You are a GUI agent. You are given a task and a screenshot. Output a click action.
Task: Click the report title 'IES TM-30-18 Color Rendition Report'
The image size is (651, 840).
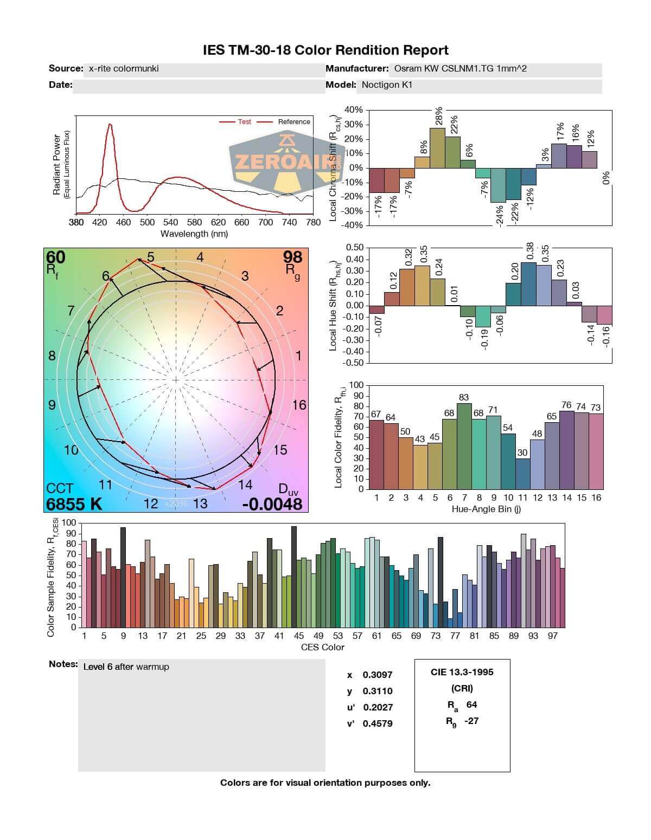pos(325,50)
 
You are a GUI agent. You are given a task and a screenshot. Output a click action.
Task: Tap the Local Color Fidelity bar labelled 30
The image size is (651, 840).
pos(522,474)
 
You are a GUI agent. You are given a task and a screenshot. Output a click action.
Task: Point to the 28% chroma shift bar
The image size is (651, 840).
pos(437,147)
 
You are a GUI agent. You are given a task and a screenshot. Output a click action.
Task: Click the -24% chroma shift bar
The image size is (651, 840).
pos(498,185)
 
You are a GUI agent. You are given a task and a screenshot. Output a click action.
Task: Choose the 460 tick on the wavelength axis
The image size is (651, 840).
pos(123,222)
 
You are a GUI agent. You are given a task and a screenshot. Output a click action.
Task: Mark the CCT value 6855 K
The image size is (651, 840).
pos(74,504)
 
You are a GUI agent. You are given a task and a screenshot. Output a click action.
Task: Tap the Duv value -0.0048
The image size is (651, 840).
pos(272,504)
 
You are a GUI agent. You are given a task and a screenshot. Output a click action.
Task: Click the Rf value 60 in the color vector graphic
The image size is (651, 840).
pos(55,257)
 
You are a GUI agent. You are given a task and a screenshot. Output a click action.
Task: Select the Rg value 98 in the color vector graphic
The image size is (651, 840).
pos(292,257)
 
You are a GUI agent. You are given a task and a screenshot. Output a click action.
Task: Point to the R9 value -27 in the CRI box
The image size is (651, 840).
pos(471,721)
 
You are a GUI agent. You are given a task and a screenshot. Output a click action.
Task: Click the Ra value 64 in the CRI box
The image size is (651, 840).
pos(471,705)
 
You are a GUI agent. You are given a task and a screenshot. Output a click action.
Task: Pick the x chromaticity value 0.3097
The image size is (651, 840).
pos(378,675)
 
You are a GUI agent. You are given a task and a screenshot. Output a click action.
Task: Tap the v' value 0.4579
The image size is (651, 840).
pos(378,723)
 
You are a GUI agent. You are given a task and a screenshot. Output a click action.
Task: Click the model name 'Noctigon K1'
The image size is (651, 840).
pos(387,85)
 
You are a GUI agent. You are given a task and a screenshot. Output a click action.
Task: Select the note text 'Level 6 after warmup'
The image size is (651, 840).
pos(126,667)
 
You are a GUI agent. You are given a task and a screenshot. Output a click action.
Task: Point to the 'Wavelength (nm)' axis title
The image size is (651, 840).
pos(194,234)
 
